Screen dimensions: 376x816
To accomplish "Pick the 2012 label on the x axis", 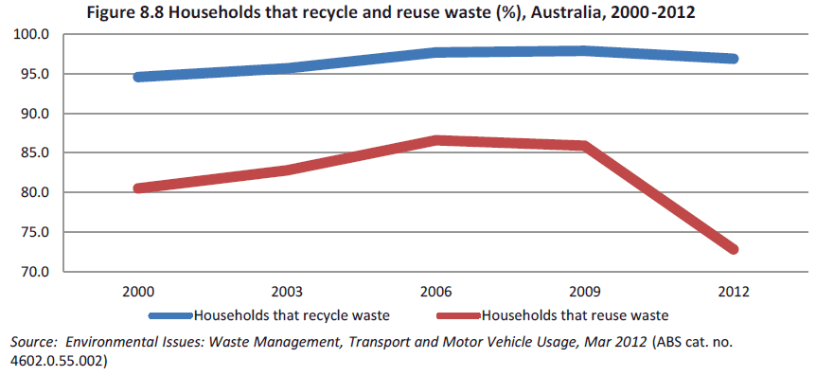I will coord(733,292).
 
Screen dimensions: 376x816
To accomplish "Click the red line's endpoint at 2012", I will coord(733,249).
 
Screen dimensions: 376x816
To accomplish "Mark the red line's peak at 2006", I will coord(435,140).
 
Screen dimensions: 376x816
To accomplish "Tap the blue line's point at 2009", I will coord(584,51).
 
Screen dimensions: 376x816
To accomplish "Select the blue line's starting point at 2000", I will coord(138,77).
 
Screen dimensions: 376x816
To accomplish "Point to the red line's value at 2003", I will coord(287,170).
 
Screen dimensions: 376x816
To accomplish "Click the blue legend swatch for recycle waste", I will coord(169,313).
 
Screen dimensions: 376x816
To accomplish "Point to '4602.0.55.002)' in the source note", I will coord(57,360).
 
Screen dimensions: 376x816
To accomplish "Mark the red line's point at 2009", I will coord(584,146).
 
